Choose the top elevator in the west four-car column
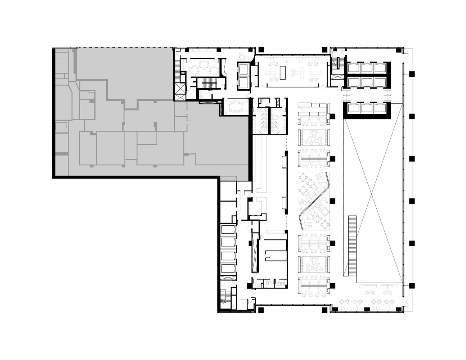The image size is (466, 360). (x=228, y=230)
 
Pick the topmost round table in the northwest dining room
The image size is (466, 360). (x=204, y=64)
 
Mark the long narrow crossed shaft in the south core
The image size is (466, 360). (x=255, y=252)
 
